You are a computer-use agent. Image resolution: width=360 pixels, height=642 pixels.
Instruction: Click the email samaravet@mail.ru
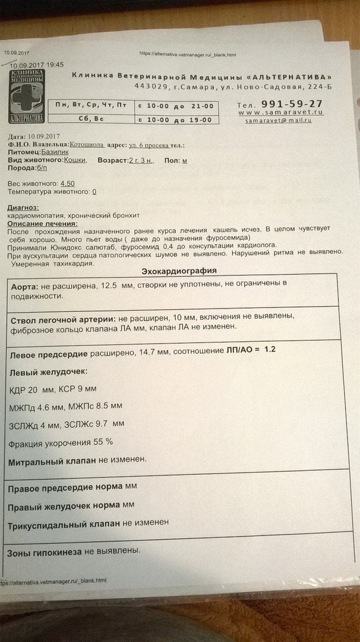[x=279, y=121]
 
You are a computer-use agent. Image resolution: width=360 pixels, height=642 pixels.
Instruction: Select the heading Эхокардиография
[x=179, y=271]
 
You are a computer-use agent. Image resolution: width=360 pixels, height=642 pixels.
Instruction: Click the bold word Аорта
[x=25, y=286]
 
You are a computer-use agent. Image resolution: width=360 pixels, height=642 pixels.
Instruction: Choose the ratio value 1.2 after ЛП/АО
[x=270, y=350]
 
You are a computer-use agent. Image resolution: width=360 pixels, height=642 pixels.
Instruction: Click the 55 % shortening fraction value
[x=102, y=442]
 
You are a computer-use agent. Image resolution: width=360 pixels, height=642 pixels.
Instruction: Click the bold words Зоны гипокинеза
[x=44, y=552]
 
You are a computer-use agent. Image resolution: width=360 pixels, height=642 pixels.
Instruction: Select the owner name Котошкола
[x=87, y=144]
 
